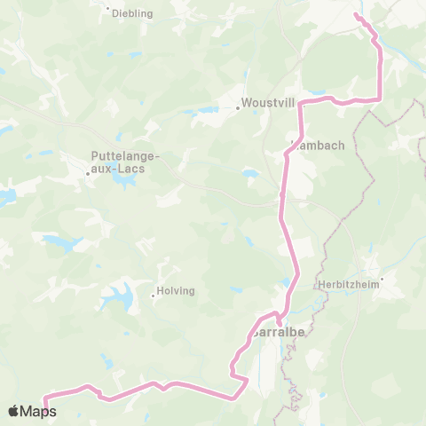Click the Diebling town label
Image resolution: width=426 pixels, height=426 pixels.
coord(132,13)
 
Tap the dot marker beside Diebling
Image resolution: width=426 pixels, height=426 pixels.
coord(108,10)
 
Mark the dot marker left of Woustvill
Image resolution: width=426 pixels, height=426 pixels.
coord(238,109)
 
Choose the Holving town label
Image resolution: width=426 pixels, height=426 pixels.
coord(176,290)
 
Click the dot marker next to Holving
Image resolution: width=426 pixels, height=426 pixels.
coord(153,295)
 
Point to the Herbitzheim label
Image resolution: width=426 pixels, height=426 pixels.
coord(343,286)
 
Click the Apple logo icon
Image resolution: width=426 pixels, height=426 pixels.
coord(14,411)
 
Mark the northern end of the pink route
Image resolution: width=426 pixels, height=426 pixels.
coord(357,15)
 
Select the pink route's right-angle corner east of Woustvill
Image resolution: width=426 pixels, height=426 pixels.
coord(301,104)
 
